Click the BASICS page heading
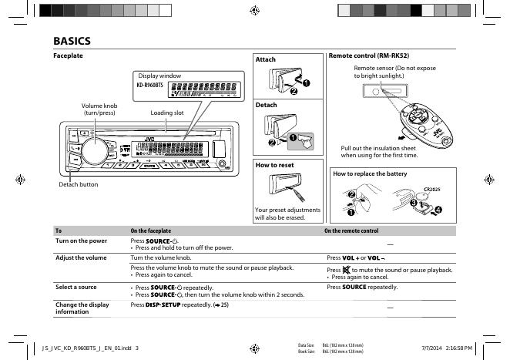(x=72, y=41)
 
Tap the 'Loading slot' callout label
(x=167, y=113)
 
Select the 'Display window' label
(x=159, y=76)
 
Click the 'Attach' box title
(x=265, y=59)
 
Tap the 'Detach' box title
(x=266, y=105)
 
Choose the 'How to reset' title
(x=274, y=165)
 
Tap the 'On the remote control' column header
(x=351, y=231)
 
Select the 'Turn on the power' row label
(x=81, y=241)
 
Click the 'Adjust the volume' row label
(x=81, y=257)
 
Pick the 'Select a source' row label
(x=76, y=287)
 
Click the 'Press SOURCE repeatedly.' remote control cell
(x=362, y=287)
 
